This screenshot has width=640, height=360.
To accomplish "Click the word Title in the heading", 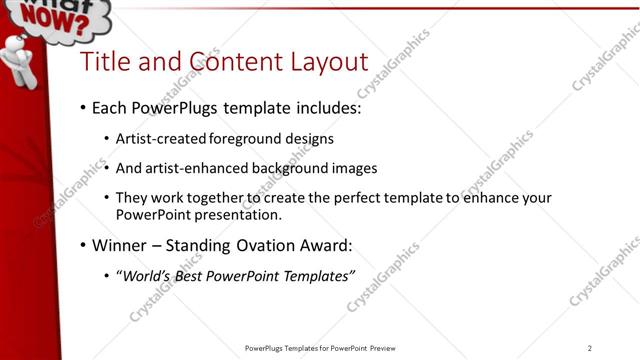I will click(103, 62).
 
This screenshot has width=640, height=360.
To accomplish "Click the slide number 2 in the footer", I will click(590, 348).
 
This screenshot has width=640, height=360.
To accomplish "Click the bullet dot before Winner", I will click(82, 245).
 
